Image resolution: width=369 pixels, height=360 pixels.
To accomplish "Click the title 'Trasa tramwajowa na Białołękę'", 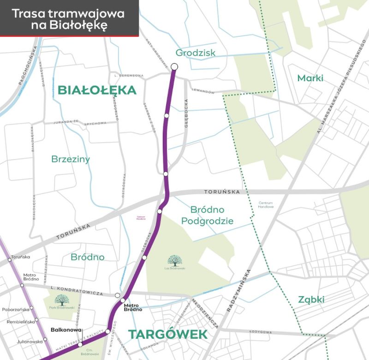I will (x=68, y=19).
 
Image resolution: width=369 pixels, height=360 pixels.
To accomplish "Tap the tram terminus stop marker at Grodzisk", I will (x=174, y=66).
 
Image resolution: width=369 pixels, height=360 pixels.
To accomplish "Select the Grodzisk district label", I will (x=196, y=53).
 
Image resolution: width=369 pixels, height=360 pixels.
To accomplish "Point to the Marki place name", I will (x=310, y=78).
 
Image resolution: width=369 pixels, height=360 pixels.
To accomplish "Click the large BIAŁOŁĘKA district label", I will (x=97, y=90).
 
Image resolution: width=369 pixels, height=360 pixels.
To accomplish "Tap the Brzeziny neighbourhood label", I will (x=71, y=159).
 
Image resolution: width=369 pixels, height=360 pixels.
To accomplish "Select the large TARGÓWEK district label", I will (x=168, y=334).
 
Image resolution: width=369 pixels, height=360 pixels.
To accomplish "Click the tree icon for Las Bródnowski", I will (x=175, y=261).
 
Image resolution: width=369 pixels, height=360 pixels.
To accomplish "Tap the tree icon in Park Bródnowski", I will (x=61, y=300).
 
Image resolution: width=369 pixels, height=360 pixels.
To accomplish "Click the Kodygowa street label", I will (x=260, y=332).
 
